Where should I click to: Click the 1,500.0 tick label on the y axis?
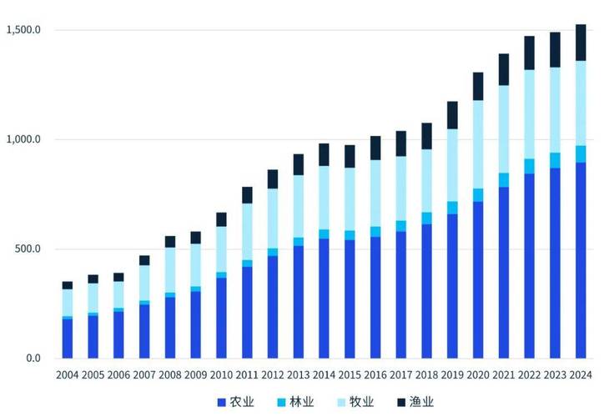click(x=24, y=30)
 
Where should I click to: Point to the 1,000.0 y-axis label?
click(x=24, y=139)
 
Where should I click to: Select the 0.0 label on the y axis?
click(x=34, y=359)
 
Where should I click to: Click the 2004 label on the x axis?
click(x=68, y=375)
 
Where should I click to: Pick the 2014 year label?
click(x=324, y=375)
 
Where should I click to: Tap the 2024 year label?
click(x=581, y=375)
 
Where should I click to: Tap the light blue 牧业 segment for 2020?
click(x=478, y=145)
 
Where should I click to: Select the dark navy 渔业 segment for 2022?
click(x=529, y=53)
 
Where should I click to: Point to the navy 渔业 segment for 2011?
click(x=247, y=195)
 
